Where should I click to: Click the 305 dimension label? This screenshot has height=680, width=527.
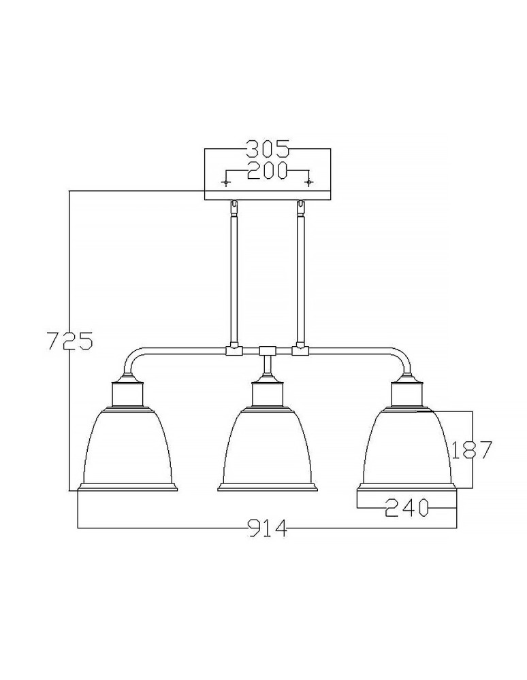coord(268,148)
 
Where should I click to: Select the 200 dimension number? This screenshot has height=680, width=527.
coord(268,170)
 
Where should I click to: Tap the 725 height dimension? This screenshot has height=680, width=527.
coord(68,340)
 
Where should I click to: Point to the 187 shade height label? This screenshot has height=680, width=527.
coord(472,449)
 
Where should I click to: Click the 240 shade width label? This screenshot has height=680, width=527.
coord(406,507)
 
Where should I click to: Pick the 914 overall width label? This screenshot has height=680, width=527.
coord(268,528)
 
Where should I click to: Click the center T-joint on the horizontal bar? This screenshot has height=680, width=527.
coord(267,352)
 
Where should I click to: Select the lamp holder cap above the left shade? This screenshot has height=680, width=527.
coord(128,392)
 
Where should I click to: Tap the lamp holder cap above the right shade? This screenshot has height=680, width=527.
coord(406,392)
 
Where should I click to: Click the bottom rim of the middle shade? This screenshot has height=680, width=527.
coord(267,487)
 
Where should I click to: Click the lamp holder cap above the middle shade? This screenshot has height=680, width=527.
coord(267,392)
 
